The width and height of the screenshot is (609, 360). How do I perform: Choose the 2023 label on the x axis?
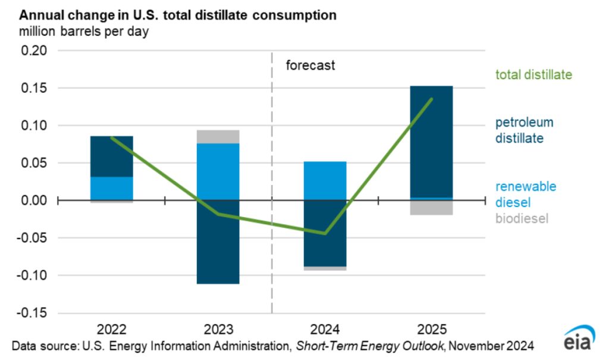click(x=218, y=329)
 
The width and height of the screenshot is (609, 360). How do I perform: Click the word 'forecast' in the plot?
click(x=310, y=65)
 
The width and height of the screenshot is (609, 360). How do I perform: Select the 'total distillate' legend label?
click(x=533, y=75)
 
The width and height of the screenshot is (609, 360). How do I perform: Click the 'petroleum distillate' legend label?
click(x=525, y=130)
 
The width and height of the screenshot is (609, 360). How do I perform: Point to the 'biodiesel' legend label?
click(x=522, y=218)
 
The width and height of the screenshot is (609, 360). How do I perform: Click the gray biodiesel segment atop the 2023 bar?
click(x=218, y=137)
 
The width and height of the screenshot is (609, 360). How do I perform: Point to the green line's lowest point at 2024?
click(x=325, y=233)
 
